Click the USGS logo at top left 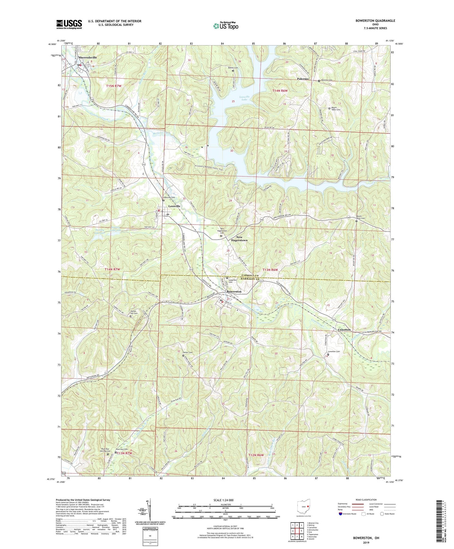click(x=69, y=24)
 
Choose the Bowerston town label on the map click(x=234, y=291)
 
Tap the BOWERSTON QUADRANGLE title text click(x=375, y=21)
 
